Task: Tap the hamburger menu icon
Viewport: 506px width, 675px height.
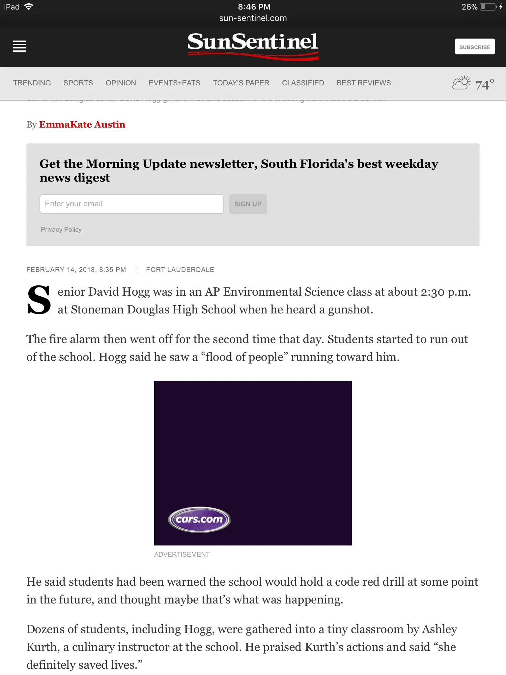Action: pyautogui.click(x=20, y=46)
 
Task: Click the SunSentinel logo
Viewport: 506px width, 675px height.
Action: pyautogui.click(x=253, y=45)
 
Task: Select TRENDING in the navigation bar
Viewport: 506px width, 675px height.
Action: pyautogui.click(x=32, y=83)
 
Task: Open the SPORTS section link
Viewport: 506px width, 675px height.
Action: pyautogui.click(x=78, y=83)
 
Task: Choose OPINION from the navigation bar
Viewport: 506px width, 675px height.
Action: pyautogui.click(x=121, y=83)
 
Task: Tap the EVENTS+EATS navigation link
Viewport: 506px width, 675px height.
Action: pyautogui.click(x=174, y=83)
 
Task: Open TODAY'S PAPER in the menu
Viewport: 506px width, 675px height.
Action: pyautogui.click(x=241, y=83)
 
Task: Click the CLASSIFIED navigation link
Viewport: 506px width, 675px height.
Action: pyautogui.click(x=303, y=83)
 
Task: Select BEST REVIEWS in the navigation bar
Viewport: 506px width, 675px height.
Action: pyautogui.click(x=364, y=83)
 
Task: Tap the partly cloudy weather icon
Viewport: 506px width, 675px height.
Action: pyautogui.click(x=461, y=83)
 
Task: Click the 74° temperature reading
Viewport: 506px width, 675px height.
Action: pyautogui.click(x=485, y=84)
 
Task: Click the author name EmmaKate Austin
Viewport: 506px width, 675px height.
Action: pyautogui.click(x=82, y=124)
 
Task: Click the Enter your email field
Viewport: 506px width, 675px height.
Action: pyautogui.click(x=132, y=204)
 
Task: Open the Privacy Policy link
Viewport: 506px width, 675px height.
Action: pyautogui.click(x=61, y=229)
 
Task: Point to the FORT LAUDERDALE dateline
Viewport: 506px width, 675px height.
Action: pyautogui.click(x=180, y=270)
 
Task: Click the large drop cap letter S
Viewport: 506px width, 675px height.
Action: pyautogui.click(x=39, y=300)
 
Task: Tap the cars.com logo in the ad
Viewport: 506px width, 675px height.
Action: pyautogui.click(x=200, y=519)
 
